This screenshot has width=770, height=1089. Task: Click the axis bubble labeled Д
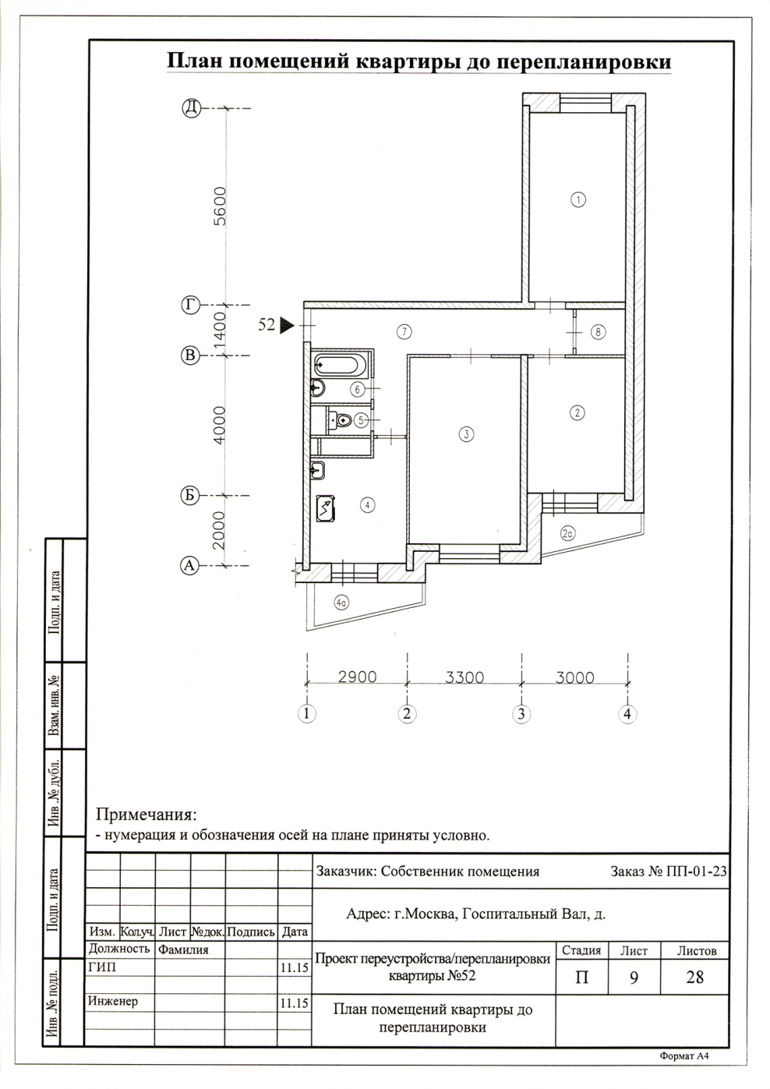click(192, 108)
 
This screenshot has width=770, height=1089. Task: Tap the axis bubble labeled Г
click(191, 305)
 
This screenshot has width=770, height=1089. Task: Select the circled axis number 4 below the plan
click(627, 714)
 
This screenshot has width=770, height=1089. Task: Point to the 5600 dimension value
click(221, 206)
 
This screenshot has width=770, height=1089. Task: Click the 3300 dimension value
click(464, 677)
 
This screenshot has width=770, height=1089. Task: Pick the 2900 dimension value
click(357, 677)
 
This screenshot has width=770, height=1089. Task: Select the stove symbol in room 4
click(326, 508)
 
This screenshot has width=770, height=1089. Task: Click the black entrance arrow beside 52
click(288, 325)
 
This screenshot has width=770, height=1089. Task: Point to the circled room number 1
click(578, 200)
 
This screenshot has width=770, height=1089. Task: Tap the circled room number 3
click(466, 434)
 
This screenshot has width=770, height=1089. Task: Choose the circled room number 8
click(598, 332)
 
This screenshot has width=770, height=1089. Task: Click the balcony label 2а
click(568, 534)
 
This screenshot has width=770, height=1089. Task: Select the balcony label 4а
click(341, 603)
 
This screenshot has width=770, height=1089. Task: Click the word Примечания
click(147, 815)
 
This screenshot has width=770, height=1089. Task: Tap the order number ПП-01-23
click(693, 871)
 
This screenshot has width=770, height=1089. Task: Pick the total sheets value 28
click(694, 977)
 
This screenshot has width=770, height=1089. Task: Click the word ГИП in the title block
click(103, 967)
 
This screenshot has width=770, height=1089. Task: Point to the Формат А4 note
click(684, 1055)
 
